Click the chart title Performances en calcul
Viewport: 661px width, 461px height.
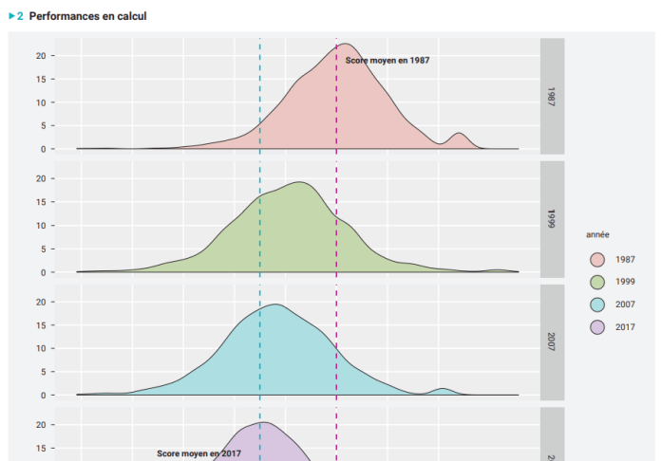[x=87, y=16]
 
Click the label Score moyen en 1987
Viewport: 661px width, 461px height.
[x=387, y=60]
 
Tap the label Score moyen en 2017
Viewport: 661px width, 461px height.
[x=199, y=453]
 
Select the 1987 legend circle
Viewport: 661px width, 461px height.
[x=597, y=259]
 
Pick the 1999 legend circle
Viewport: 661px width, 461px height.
[x=597, y=282]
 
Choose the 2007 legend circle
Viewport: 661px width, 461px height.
[x=597, y=304]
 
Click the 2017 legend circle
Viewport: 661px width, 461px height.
[x=597, y=327]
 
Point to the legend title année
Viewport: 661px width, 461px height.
[x=597, y=234]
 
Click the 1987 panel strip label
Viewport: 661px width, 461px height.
[x=552, y=95]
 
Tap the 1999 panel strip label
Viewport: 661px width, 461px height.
[x=552, y=218]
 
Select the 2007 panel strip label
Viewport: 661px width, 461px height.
[x=552, y=341]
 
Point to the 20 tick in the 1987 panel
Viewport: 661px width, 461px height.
[x=40, y=55]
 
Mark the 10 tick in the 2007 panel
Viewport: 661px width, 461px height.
[x=40, y=348]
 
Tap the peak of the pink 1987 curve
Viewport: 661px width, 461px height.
[x=347, y=44]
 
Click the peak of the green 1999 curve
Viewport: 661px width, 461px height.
[x=299, y=182]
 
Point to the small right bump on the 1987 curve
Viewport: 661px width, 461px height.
[x=460, y=134]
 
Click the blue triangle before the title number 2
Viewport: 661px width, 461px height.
[x=11, y=16]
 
